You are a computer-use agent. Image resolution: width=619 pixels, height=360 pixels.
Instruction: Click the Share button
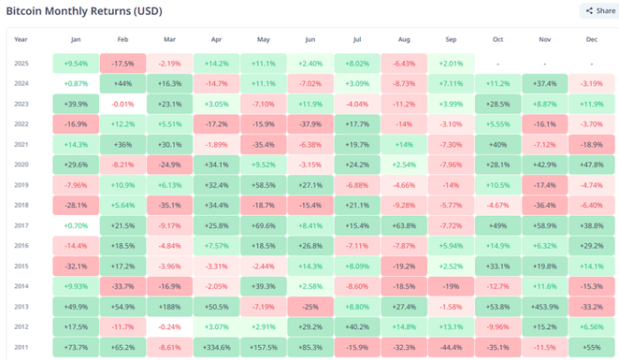597,11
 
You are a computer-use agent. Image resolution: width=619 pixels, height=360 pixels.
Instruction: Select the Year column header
21,40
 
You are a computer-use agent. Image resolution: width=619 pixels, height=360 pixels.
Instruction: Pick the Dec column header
592,40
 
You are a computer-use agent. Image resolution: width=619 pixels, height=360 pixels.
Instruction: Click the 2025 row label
21,64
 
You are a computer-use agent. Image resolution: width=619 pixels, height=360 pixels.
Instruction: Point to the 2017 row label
21,226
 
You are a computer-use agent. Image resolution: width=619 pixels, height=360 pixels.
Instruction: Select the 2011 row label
21,348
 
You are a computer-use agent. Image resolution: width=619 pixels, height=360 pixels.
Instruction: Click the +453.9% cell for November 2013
543,307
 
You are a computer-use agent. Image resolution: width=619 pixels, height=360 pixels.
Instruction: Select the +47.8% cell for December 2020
592,165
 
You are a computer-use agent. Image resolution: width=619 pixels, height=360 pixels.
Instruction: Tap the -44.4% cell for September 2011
451,348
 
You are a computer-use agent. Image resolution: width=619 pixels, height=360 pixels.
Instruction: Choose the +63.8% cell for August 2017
404,226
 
